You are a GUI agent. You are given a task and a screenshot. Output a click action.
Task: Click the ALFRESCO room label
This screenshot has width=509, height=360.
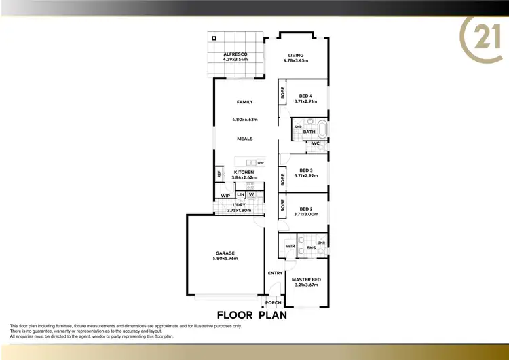coord(235,54)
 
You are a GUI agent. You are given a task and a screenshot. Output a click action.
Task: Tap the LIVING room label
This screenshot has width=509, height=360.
coord(295,55)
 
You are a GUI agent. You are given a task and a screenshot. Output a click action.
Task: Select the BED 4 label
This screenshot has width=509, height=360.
coord(305,96)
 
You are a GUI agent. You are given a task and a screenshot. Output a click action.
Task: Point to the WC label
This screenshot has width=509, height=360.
coord(316,143)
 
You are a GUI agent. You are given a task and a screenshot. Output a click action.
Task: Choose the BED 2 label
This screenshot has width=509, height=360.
coord(305,209)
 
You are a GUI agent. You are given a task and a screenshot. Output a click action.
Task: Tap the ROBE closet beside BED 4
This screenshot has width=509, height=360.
coord(282,94)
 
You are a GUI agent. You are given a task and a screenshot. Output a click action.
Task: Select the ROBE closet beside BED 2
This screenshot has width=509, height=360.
coord(282,206)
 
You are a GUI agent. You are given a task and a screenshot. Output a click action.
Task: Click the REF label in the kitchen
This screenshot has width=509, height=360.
coord(219,174)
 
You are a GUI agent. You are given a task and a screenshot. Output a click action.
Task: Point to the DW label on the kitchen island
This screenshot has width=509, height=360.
coord(261,163)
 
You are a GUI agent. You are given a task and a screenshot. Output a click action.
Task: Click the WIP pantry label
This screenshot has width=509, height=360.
coord(225,196)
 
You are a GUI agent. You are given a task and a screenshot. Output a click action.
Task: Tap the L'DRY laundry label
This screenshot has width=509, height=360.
coord(239,205)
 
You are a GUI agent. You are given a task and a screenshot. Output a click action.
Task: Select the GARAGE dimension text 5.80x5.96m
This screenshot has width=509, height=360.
coord(225,259)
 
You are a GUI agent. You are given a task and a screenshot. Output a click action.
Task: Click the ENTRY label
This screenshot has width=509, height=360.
coord(275,273)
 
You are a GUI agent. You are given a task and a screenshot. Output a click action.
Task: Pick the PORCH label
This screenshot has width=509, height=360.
coord(274,302)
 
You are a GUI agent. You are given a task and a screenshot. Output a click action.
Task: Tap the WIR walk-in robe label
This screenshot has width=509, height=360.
coord(290,246)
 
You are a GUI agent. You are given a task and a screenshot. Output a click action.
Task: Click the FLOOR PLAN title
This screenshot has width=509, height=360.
coord(251,315)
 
